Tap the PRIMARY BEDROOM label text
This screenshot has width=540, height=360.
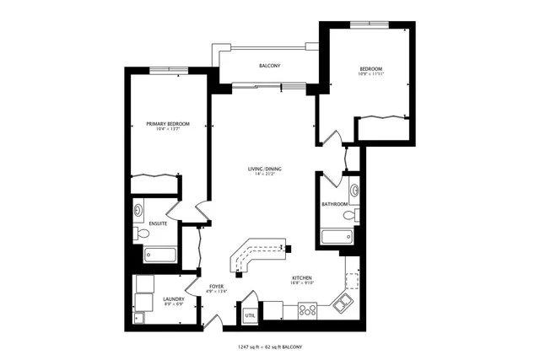tap(167, 124)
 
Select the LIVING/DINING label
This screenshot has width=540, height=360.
tap(264, 169)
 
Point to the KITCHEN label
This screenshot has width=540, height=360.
tap(303, 278)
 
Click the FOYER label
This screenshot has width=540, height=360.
tap(216, 287)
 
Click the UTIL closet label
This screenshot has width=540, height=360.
tap(250, 315)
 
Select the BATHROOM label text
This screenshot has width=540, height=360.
tap(335, 204)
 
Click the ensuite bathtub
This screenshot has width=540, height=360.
tap(159, 254)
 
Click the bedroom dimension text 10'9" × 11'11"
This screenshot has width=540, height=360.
tap(371, 75)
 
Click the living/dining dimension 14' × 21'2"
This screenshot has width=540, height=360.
tap(264, 175)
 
